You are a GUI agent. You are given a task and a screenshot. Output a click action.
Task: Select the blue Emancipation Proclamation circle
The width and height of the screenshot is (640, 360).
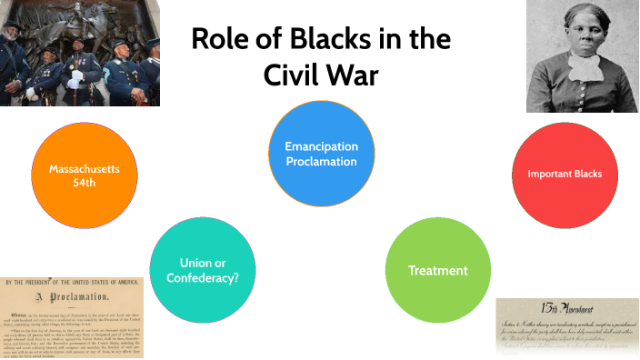click(x=321, y=154)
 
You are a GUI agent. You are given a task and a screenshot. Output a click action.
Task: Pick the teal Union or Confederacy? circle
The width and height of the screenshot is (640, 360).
click(x=202, y=270)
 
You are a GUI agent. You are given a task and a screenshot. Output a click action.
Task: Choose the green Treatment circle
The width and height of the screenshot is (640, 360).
click(x=438, y=270)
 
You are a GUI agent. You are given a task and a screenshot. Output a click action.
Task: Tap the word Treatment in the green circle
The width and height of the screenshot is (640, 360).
click(x=438, y=270)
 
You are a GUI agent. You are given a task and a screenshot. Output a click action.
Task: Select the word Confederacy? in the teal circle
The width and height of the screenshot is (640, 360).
click(x=202, y=278)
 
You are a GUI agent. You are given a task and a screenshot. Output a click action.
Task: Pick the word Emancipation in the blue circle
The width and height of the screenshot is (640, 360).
click(x=321, y=146)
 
